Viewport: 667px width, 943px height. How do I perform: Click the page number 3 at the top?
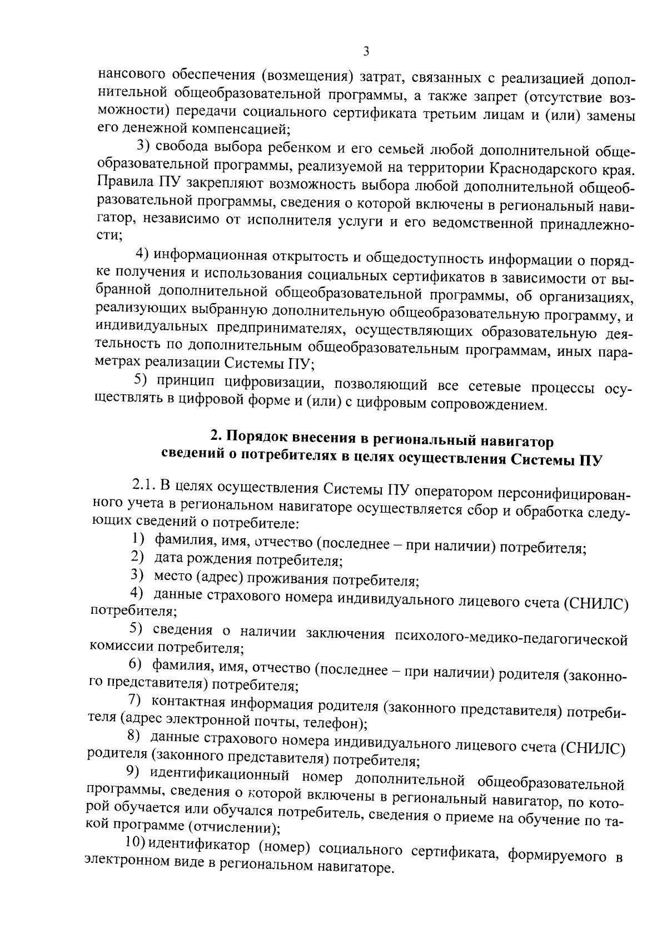[x=365, y=52]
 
